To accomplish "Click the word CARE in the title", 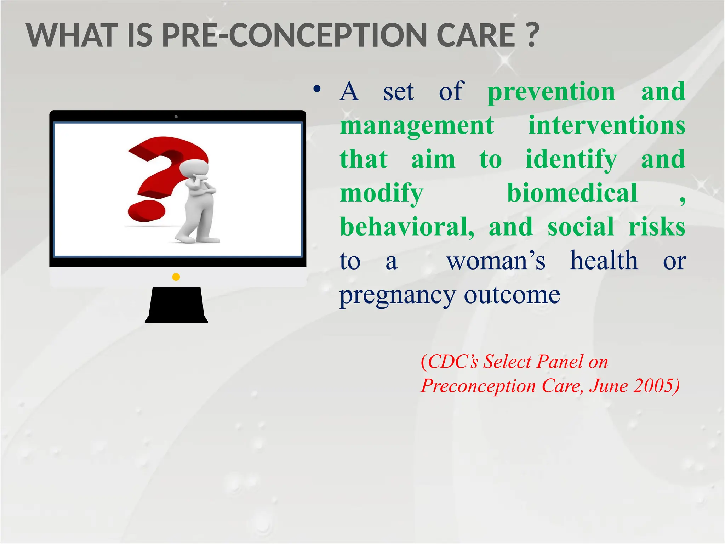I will click(x=475, y=35).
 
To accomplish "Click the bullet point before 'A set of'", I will click(x=317, y=89).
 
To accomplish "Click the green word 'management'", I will click(x=417, y=126).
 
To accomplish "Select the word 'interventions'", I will click(x=606, y=125).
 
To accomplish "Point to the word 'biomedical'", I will click(x=572, y=193).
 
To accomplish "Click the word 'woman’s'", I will click(x=496, y=261).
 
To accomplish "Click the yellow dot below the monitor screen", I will click(x=176, y=277).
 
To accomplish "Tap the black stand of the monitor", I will click(x=176, y=305).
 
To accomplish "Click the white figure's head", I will click(x=193, y=168).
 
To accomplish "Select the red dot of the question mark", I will click(x=146, y=211).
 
